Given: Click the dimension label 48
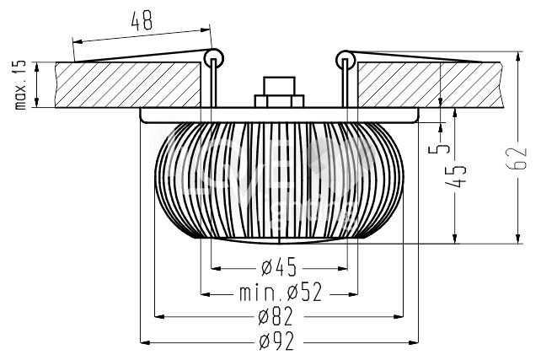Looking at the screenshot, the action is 142,20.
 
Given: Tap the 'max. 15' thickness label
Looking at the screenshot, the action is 20,85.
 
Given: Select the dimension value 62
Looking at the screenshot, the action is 517,159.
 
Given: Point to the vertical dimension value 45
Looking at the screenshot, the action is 455,176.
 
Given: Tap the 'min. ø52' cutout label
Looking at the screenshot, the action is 281,292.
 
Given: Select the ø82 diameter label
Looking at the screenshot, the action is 276,316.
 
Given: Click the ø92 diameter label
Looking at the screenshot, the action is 276,341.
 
